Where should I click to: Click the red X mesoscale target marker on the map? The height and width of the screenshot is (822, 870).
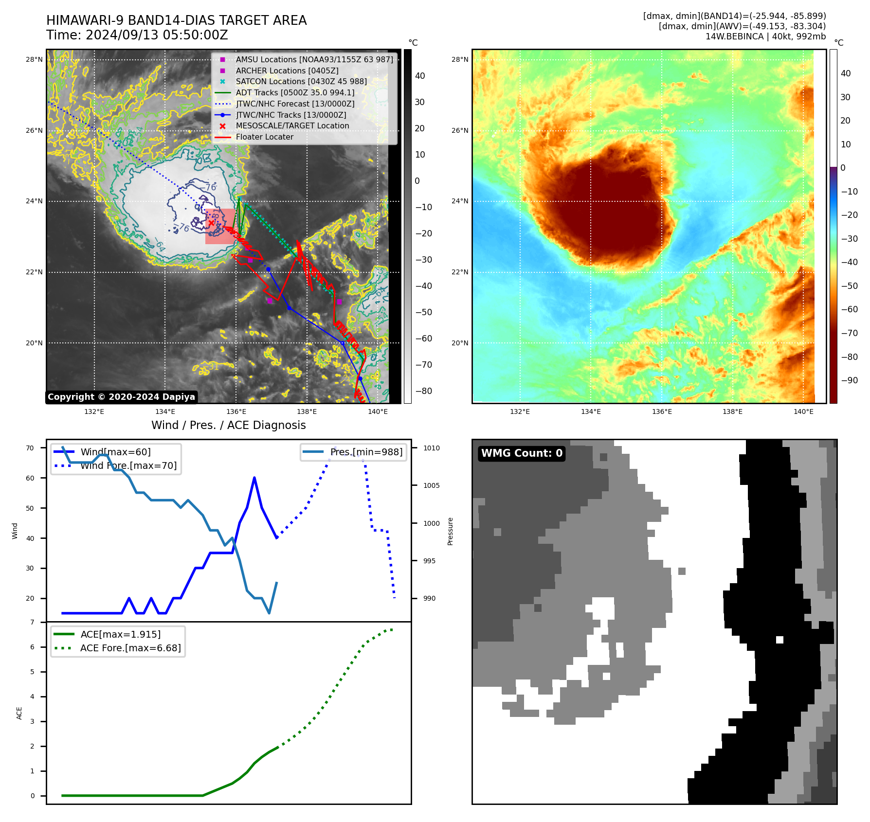click(x=211, y=223)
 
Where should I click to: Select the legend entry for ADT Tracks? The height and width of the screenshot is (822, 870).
click(x=295, y=92)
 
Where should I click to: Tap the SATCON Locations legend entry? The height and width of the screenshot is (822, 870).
click(x=301, y=81)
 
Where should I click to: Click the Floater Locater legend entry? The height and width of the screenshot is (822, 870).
click(x=264, y=137)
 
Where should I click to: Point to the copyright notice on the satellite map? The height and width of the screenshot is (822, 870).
click(x=121, y=397)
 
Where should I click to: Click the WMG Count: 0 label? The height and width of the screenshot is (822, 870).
click(x=522, y=453)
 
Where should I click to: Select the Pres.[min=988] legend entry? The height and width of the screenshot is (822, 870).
click(x=366, y=452)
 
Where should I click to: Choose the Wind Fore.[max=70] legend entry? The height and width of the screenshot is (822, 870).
click(x=128, y=465)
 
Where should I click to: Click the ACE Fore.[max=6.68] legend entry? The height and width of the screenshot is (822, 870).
click(x=130, y=648)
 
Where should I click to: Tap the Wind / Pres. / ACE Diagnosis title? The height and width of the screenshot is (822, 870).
click(x=228, y=425)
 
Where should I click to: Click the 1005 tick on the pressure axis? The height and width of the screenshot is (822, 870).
click(x=431, y=485)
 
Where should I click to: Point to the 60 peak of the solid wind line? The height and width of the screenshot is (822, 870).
click(x=254, y=478)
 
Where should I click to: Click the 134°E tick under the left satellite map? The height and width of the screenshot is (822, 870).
click(x=165, y=411)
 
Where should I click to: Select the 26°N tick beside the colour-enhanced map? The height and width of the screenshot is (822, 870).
click(x=459, y=130)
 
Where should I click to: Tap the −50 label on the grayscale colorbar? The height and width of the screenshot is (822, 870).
click(x=423, y=312)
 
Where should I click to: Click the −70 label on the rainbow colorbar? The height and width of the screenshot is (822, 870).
click(x=849, y=333)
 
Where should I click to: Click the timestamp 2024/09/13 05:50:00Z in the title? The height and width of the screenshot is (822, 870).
click(x=157, y=35)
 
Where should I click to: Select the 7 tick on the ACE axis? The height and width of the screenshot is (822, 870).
click(x=33, y=622)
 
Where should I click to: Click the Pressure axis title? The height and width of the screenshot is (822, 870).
click(x=450, y=531)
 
